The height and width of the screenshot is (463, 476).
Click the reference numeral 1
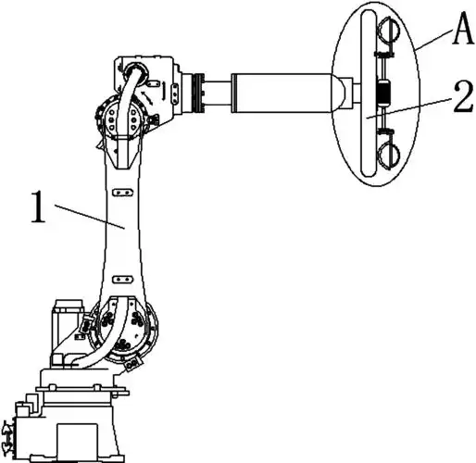(x=39, y=206)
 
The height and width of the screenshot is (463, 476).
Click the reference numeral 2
(x=463, y=96)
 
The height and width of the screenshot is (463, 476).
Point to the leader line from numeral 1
(x=90, y=217)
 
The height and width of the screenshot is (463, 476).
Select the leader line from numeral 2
(x=407, y=107)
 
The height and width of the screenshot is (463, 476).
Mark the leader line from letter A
(x=433, y=39)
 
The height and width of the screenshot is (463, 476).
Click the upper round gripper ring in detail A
(x=389, y=31)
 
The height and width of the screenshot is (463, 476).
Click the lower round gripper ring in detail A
(x=389, y=155)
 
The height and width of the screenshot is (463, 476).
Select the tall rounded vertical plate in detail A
(x=369, y=94)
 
